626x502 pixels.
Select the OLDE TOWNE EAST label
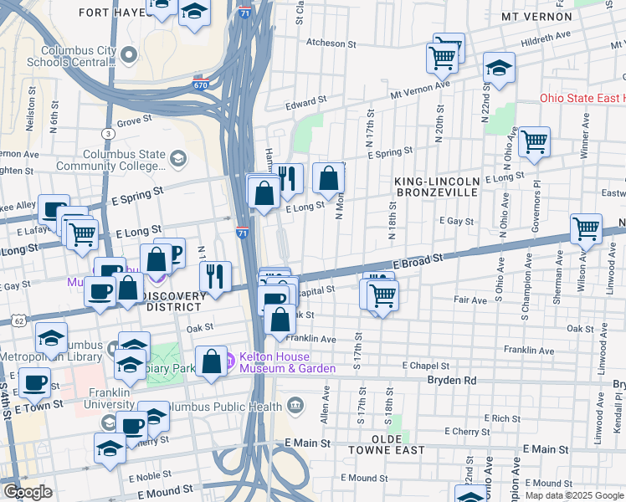click(x=387, y=444)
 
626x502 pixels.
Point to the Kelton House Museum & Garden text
click(x=287, y=362)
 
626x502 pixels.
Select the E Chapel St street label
click(x=426, y=366)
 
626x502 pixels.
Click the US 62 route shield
click(x=18, y=321)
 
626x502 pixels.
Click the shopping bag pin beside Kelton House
click(x=212, y=361)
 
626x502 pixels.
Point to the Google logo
click(x=28, y=493)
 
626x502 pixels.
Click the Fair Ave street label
click(x=469, y=300)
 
